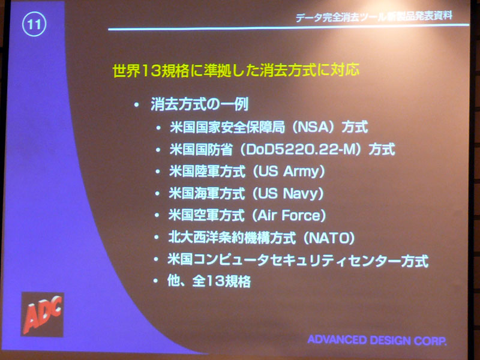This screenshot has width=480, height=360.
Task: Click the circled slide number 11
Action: click(34, 24)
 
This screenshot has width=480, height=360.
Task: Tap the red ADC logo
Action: click(42, 314)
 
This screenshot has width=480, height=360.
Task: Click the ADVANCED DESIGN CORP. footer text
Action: click(377, 340)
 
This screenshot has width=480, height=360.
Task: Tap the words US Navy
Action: click(288, 193)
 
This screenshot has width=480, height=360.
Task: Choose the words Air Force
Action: click(289, 215)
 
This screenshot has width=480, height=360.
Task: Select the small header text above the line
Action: click(374, 17)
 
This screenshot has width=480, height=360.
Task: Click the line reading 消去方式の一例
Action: click(199, 104)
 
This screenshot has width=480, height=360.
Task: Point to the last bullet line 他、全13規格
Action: click(209, 281)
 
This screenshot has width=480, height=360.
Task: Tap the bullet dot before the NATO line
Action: click(157, 238)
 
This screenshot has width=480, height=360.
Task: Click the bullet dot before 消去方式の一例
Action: click(137, 105)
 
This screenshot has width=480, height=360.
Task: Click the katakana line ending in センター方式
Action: click(298, 260)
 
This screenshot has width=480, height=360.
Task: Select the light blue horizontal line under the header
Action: click(289, 27)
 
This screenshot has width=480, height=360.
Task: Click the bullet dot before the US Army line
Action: click(157, 172)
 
